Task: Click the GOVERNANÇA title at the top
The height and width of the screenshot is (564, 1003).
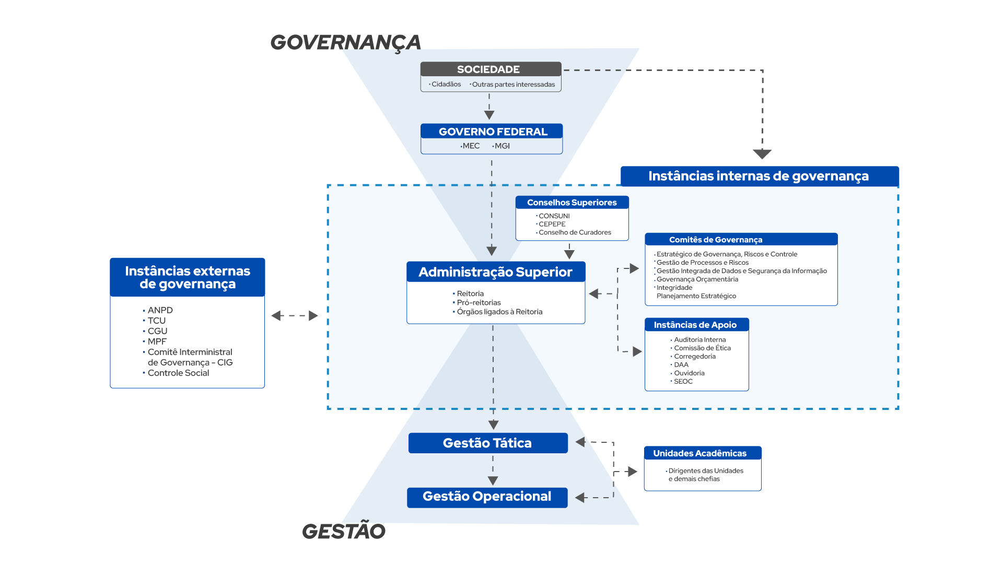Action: pos(345,42)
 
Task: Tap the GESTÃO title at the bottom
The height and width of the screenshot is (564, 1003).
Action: pos(343,531)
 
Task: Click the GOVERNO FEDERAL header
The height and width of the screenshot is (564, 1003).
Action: pos(492,132)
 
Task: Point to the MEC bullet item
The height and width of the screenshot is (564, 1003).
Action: pos(471,146)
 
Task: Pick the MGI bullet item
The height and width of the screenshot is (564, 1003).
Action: pos(501,146)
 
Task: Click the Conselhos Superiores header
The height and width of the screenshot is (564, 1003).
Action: pos(572,203)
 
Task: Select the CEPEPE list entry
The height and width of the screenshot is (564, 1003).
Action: pos(552,224)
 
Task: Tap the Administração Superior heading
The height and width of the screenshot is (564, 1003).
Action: pos(495,272)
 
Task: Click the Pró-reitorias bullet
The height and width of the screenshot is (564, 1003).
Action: pos(479,303)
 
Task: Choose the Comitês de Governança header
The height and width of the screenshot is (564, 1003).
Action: pos(715,240)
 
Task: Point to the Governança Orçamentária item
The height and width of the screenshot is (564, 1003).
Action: pos(697,279)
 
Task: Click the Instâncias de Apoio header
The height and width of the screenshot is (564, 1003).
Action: pos(695,325)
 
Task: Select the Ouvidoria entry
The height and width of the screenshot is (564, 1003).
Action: pos(689,373)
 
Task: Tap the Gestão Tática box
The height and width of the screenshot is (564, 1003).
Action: pos(487,443)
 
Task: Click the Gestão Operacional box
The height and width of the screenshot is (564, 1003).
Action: pos(487,497)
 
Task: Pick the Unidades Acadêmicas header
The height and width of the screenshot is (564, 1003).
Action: pos(699,453)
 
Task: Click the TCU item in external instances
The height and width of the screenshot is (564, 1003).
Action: pos(156,321)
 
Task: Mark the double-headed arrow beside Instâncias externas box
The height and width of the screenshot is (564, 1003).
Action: pos(295,315)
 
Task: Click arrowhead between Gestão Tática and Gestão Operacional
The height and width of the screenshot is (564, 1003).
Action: pos(493,480)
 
